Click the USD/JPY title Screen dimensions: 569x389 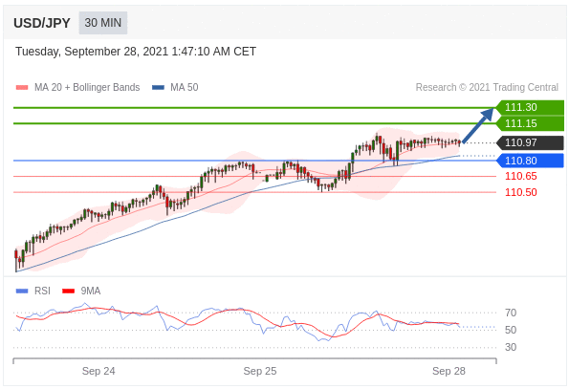pyautogui.click(x=42, y=23)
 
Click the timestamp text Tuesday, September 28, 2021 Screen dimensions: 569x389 pyautogui.click(x=92, y=52)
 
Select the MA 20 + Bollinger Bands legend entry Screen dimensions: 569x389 pyautogui.click(x=78, y=87)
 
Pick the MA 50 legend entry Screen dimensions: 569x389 pyautogui.click(x=175, y=87)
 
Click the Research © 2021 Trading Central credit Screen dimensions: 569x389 pyautogui.click(x=487, y=87)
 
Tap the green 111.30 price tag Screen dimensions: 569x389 pyautogui.click(x=530, y=107)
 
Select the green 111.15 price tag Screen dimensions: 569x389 pyautogui.click(x=530, y=123)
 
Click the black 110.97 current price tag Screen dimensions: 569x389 pyautogui.click(x=530, y=142)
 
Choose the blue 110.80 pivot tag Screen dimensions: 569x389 pyautogui.click(x=530, y=161)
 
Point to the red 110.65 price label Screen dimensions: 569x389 pyautogui.click(x=521, y=176)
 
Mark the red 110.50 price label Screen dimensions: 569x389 pyautogui.click(x=521, y=192)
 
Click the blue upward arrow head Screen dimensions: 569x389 pyautogui.click(x=488, y=114)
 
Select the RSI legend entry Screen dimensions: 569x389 pyautogui.click(x=33, y=291)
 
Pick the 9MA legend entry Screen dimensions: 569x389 pyautogui.click(x=81, y=291)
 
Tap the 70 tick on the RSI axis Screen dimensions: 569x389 pyautogui.click(x=511, y=313)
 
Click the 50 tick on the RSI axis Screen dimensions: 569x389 pyautogui.click(x=511, y=330)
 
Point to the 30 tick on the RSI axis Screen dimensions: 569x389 pyautogui.click(x=511, y=347)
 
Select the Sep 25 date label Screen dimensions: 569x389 pyautogui.click(x=260, y=371)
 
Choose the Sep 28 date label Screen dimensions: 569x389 pyautogui.click(x=449, y=371)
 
